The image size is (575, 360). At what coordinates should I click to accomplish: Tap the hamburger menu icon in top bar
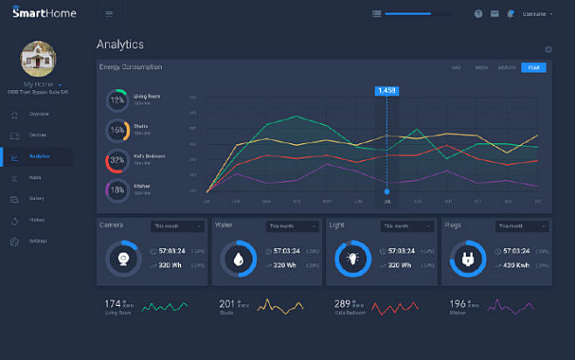[x=108, y=14]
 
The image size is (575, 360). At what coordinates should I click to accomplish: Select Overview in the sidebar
[x=38, y=114]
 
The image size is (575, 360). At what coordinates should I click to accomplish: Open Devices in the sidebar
[x=38, y=135]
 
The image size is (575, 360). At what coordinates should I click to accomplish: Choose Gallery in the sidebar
[x=37, y=198]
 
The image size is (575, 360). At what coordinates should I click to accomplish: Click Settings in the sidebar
[x=38, y=240]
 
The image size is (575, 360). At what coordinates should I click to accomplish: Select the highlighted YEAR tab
[x=533, y=67]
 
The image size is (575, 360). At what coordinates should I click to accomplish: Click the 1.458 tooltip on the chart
[x=385, y=90]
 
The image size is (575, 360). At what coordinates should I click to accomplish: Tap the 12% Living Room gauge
[x=116, y=100]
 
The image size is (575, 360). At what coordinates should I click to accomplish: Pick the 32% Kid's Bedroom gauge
[x=116, y=160]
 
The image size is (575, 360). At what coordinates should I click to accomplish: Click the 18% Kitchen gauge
[x=116, y=189]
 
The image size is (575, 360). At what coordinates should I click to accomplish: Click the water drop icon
[x=238, y=258]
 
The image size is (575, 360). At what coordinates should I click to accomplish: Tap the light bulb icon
[x=352, y=258]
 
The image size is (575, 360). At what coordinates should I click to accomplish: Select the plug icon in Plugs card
[x=468, y=258]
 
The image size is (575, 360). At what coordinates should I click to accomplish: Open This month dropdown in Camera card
[x=177, y=225]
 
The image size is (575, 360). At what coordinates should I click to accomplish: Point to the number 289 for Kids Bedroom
[x=342, y=304]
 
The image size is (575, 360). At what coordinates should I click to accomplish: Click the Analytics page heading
[x=120, y=45]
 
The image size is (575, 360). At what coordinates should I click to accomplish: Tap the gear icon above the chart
[x=548, y=50]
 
